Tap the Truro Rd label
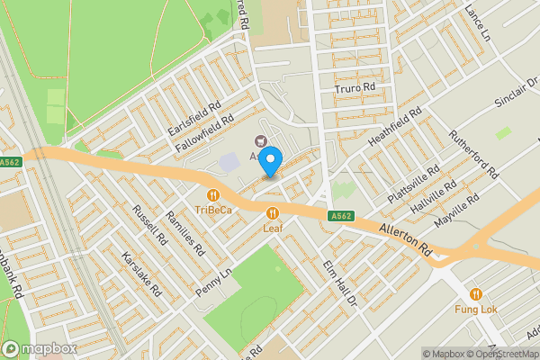354,88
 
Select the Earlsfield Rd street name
194,119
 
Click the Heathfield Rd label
394,130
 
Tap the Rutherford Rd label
474,155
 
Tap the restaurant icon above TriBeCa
213,194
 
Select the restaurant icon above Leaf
273,212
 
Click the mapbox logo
39,349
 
